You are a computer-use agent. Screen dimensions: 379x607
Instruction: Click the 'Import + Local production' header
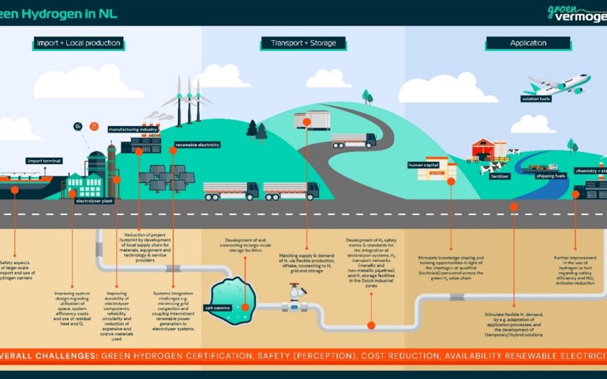(78, 43)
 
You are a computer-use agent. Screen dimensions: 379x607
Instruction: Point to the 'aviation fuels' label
(536, 99)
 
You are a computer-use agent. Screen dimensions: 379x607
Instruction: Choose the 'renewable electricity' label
(197, 144)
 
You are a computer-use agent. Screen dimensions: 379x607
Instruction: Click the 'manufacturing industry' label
(133, 129)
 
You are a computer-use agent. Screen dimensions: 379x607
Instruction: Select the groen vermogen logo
(576, 12)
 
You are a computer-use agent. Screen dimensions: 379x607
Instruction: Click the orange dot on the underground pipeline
(371, 325)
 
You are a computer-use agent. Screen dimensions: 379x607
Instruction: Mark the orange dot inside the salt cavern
(245, 307)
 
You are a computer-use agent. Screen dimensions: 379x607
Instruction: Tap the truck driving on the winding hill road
(354, 140)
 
